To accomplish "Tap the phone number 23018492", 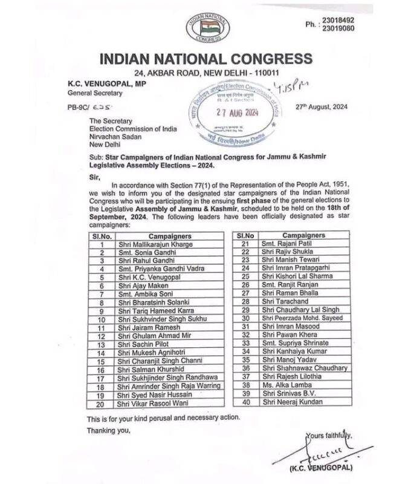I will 338,20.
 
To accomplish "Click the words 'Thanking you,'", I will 108,431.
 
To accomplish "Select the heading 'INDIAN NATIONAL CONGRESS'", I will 206,59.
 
